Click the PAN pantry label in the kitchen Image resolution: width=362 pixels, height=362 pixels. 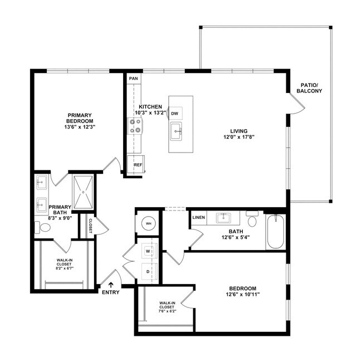(x=133, y=79)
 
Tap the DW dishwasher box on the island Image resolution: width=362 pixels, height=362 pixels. (x=175, y=113)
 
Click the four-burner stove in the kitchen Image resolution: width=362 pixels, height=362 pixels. (x=135, y=127)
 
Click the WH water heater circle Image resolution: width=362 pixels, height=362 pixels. (x=149, y=223)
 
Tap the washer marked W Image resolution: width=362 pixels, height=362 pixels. (x=149, y=251)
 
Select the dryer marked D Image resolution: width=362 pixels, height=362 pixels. (x=149, y=271)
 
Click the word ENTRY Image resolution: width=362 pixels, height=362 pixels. (x=110, y=292)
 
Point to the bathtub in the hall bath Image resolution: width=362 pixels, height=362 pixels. (x=276, y=233)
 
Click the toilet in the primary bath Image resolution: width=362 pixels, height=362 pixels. (x=43, y=227)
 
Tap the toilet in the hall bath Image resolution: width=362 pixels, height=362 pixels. (x=252, y=220)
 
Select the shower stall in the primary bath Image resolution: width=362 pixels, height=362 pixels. (x=82, y=192)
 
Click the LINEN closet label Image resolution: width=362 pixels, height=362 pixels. (x=198, y=217)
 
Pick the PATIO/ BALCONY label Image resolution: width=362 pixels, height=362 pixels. (x=309, y=87)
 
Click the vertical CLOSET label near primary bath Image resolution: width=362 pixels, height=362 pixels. (x=90, y=226)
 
